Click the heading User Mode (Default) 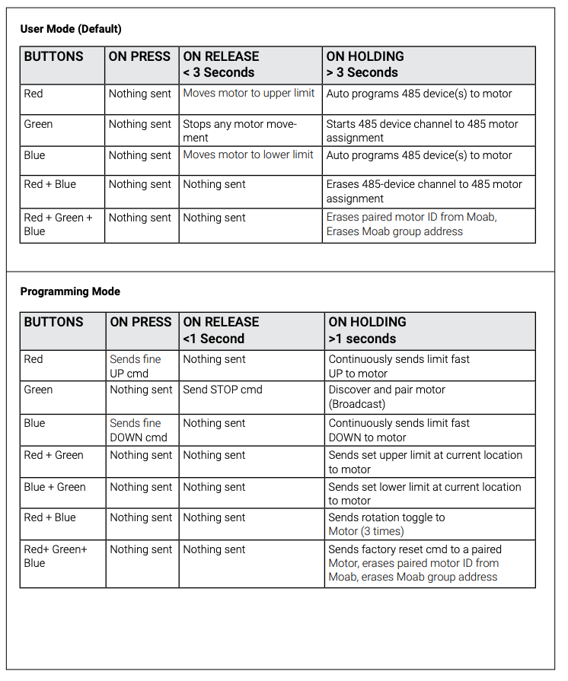click(71, 29)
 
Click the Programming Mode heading click(70, 291)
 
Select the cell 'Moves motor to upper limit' click(248, 94)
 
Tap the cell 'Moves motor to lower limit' click(248, 154)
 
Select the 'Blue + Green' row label click(55, 487)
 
